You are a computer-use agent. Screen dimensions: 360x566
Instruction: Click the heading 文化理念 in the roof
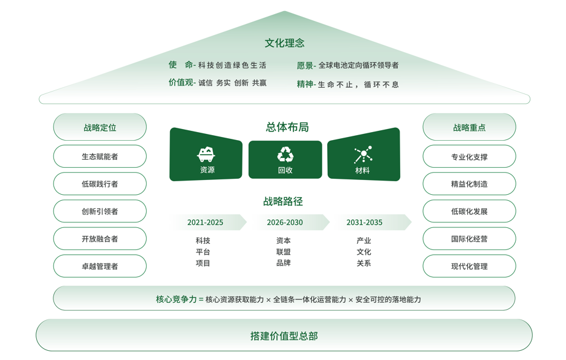[284, 43]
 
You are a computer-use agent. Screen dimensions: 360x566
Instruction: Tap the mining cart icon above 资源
[206, 154]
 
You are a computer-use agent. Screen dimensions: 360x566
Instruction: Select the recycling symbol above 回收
[285, 154]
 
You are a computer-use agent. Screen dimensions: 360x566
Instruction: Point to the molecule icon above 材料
[363, 154]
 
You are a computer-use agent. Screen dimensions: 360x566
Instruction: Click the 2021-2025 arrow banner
[206, 222]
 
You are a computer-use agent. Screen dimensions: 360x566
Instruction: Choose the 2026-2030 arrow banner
[285, 222]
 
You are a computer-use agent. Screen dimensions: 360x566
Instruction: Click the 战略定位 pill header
[100, 128]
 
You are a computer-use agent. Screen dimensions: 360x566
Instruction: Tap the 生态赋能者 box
[100, 157]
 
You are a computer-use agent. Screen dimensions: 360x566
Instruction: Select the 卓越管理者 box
[100, 267]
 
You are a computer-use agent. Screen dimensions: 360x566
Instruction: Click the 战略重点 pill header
[469, 128]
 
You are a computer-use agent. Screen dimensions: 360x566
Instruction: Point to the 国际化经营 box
[469, 239]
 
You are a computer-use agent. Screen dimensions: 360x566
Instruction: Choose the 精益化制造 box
[469, 184]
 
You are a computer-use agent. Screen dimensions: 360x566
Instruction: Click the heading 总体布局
[287, 127]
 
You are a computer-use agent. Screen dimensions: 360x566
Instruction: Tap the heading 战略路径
[283, 202]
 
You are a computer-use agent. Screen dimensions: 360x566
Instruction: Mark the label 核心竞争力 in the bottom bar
[176, 299]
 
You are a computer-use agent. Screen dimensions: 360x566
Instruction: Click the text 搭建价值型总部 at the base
[284, 336]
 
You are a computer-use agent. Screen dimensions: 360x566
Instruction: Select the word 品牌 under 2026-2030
[284, 263]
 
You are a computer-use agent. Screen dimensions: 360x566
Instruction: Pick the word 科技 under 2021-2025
[203, 241]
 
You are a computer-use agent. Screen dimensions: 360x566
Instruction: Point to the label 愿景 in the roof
[304, 65]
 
